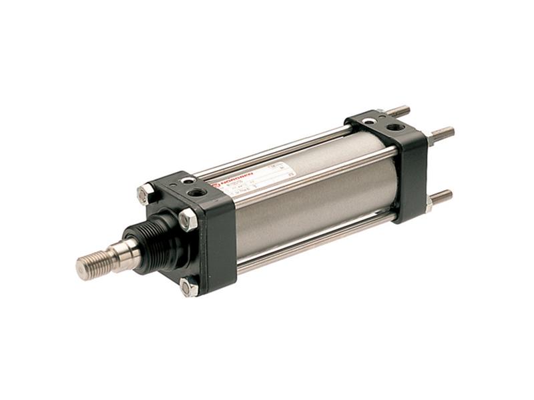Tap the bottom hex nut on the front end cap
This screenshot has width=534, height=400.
point(190,287)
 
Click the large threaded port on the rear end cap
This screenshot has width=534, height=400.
point(395,127)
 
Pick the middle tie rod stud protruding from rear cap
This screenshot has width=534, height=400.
point(441,133)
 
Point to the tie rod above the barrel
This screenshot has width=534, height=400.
point(280,150)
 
